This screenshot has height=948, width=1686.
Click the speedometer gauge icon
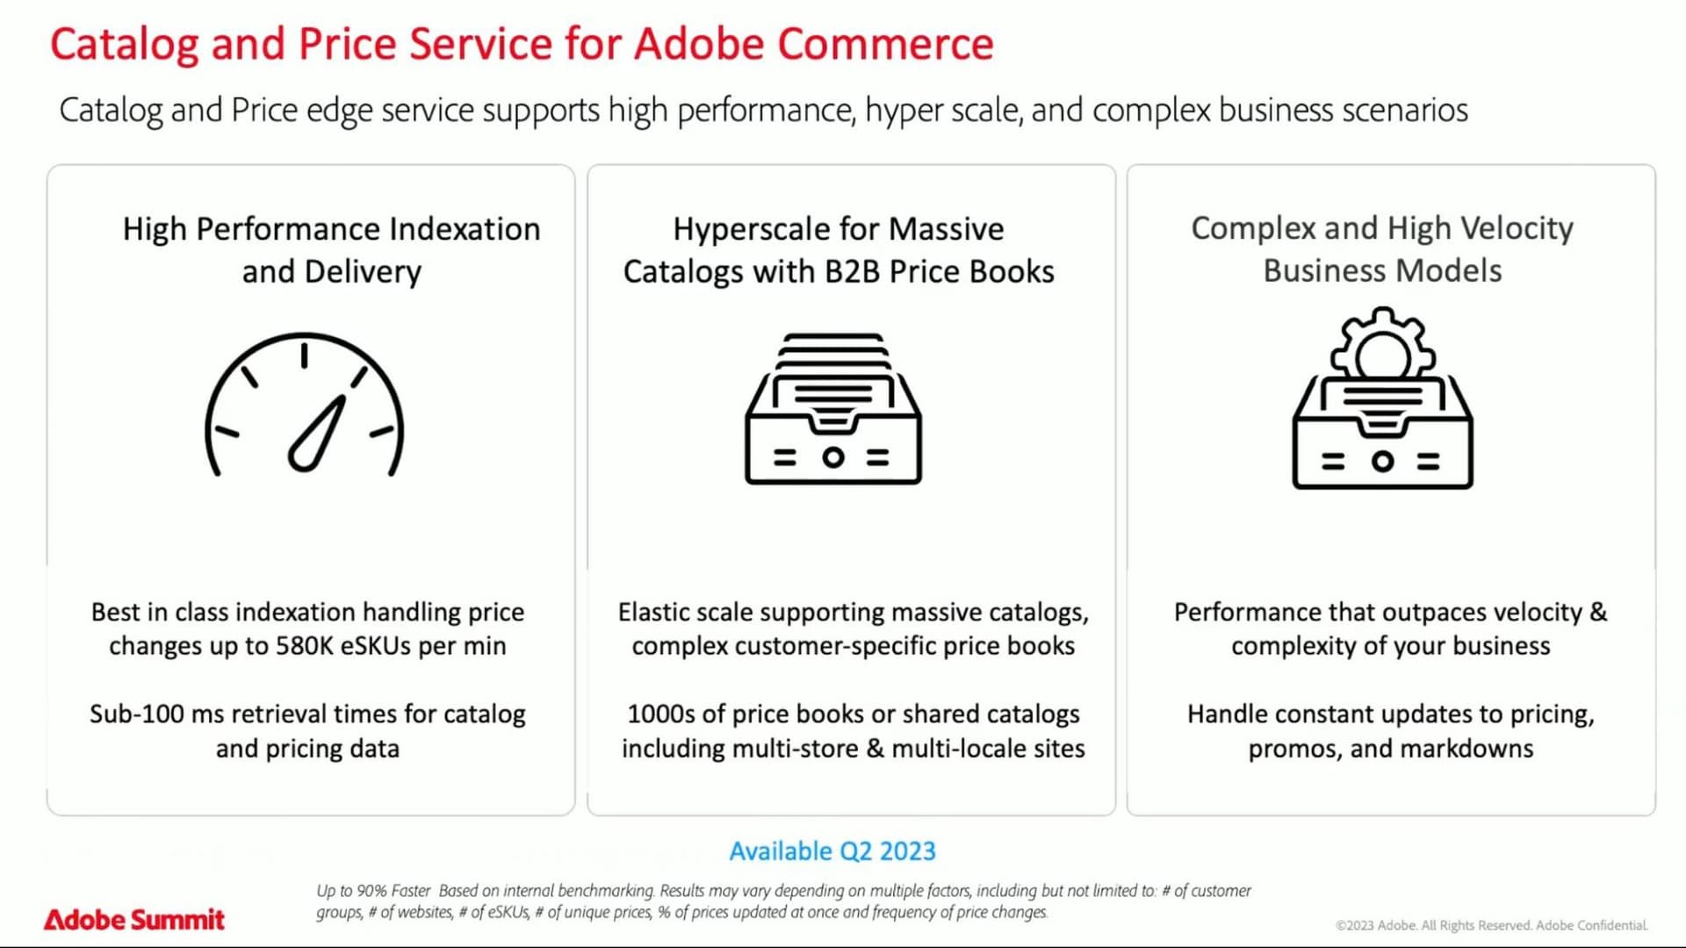[x=305, y=405]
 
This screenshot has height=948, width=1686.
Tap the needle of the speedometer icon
[x=318, y=435]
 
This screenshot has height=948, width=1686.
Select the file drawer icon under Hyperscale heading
[x=832, y=409]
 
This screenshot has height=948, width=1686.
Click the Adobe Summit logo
[x=134, y=919]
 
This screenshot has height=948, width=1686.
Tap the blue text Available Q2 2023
[x=832, y=851]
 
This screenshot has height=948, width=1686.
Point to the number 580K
[x=305, y=646]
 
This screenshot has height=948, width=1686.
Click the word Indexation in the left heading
[x=465, y=229]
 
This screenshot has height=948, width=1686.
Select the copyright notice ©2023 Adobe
[x=1375, y=925]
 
